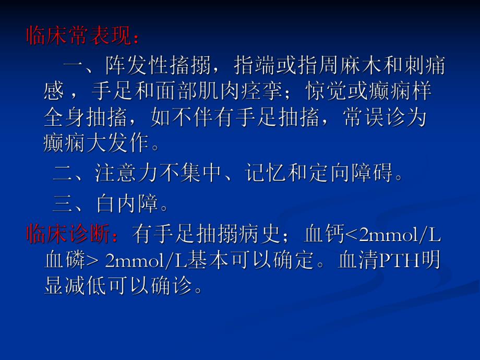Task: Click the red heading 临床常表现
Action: coord(78,37)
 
